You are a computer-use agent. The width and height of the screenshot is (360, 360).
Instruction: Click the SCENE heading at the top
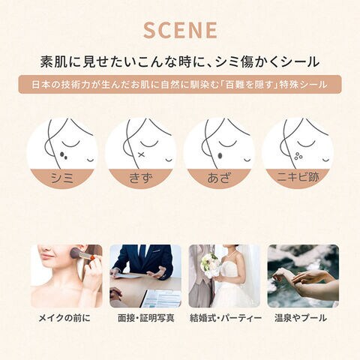click(180, 30)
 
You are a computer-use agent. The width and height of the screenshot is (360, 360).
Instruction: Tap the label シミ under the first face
click(62, 178)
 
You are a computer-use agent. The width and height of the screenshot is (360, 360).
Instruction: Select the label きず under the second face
click(140, 178)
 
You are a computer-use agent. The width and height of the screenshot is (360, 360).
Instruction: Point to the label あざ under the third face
click(219, 178)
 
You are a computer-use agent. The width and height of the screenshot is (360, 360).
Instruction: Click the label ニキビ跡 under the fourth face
click(298, 178)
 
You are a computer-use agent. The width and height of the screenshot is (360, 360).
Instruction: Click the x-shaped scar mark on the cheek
click(141, 155)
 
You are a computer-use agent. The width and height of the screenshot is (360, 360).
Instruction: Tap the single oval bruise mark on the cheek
click(220, 155)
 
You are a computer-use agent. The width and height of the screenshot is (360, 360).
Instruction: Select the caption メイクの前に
click(64, 318)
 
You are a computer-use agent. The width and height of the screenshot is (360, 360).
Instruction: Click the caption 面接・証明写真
click(145, 318)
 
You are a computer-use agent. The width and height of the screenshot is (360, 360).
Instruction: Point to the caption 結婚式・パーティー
click(226, 318)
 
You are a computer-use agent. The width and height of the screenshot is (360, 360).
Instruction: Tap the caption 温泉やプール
click(301, 318)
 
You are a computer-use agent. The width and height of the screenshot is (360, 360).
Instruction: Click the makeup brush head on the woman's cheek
click(76, 253)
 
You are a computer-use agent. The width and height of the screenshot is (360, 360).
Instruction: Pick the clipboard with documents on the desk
click(161, 298)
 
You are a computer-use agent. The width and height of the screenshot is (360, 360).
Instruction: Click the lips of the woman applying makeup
click(46, 256)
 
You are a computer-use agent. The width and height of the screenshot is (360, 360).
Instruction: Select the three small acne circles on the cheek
click(298, 156)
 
